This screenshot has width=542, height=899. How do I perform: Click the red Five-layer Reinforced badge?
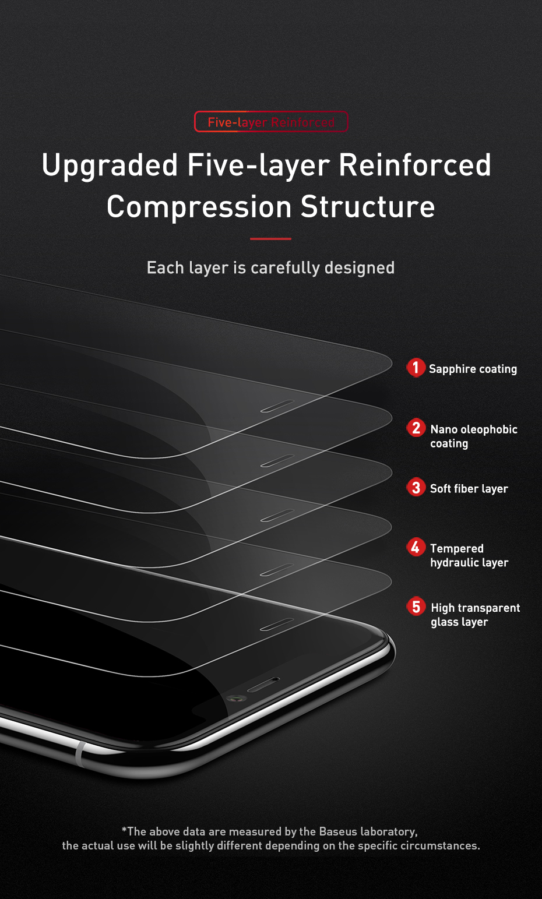[x=271, y=122]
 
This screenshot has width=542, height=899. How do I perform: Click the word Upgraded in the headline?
[x=110, y=165]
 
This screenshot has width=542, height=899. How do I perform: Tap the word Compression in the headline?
[x=199, y=207]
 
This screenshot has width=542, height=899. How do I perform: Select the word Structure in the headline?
[x=368, y=207]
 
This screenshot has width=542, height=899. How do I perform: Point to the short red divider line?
[x=270, y=239]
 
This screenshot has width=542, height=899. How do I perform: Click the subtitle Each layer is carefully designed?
[x=271, y=268]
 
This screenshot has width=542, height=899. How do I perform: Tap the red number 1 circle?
[x=416, y=368]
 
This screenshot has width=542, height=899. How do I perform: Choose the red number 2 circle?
[x=416, y=428]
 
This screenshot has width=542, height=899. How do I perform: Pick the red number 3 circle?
[x=416, y=487]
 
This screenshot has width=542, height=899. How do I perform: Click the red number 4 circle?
[x=416, y=547]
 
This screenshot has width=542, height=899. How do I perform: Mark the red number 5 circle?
[x=416, y=607]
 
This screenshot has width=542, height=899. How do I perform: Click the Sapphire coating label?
[x=473, y=369]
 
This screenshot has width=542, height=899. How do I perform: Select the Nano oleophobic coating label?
[x=473, y=436]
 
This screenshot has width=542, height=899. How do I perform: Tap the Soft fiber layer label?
[x=469, y=489]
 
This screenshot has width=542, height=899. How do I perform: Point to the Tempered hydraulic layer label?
[x=469, y=555]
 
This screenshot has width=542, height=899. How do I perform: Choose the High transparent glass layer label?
[x=475, y=615]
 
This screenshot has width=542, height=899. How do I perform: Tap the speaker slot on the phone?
[x=263, y=685]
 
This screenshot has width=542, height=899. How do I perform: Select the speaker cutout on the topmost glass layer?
[x=277, y=406]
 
